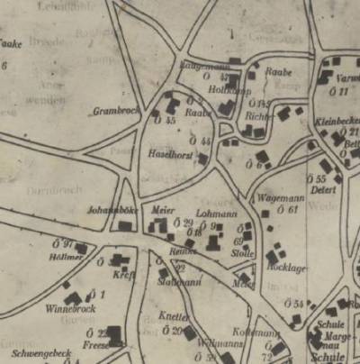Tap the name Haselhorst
tap(166, 153)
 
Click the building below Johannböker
tap(124, 225)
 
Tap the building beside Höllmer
tap(81, 248)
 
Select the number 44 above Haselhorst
tap(206, 141)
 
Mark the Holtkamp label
tap(221, 89)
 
